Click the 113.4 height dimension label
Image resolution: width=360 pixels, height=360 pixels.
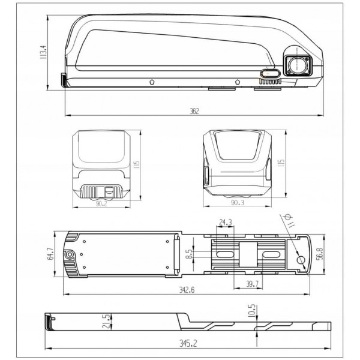point(43,52)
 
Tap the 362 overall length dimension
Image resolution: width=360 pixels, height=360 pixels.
point(194,111)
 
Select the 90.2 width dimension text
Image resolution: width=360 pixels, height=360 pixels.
point(101,203)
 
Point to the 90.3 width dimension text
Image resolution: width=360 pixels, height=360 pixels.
point(238,203)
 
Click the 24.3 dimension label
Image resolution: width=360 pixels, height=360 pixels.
point(226,222)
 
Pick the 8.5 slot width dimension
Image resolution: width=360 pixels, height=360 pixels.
point(189,254)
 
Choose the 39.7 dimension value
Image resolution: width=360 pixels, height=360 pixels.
point(252,284)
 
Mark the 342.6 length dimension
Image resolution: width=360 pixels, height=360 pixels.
point(187,290)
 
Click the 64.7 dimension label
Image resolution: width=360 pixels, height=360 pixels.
point(50,253)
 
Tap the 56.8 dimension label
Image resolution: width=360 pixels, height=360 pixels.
point(319,253)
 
